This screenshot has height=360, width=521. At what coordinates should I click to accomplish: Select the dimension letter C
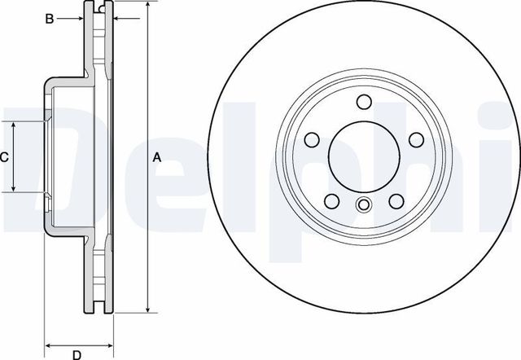point(4,157)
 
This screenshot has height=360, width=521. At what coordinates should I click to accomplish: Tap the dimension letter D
point(76,353)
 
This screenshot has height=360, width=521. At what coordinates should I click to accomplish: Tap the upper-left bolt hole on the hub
point(313,138)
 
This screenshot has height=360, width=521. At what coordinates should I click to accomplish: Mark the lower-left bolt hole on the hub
point(332,200)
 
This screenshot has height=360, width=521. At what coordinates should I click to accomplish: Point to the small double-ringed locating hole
point(364,205)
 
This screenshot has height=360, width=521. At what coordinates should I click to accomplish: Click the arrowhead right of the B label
point(82,19)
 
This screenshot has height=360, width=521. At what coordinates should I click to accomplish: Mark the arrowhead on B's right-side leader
point(116,19)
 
